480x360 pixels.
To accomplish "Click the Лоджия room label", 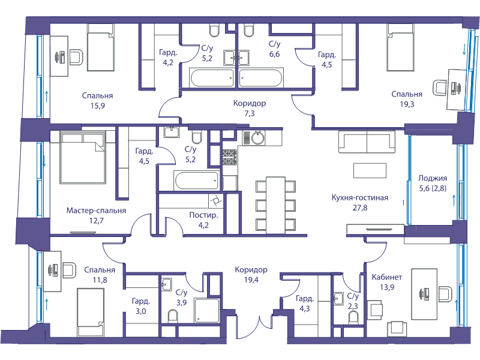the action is (433, 178).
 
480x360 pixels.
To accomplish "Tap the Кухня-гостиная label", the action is (360, 197).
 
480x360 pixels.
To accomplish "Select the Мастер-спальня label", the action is (96, 211).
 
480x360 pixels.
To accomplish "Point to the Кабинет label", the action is (387, 277).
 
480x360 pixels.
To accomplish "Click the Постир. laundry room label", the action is (203, 215).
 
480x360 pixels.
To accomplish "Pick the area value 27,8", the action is (360, 208).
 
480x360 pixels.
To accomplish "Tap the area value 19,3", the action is (407, 104).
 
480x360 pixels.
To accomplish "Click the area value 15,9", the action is (98, 106).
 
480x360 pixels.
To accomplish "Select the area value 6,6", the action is (275, 54).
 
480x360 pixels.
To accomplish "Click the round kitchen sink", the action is (258, 138).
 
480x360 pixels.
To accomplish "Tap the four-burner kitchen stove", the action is (230, 158).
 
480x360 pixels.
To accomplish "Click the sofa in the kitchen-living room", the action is (367, 142).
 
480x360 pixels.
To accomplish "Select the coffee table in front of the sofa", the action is (370, 170).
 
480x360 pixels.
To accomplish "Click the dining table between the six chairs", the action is (275, 205).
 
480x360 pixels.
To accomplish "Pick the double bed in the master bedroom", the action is (83, 157).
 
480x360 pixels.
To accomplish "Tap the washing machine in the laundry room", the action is (215, 201).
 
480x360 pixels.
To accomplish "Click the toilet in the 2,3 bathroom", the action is (353, 317).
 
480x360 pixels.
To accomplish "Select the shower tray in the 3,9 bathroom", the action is (206, 310).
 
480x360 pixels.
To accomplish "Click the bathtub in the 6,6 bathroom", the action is (260, 78).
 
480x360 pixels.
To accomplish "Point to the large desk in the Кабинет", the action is (424, 294).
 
